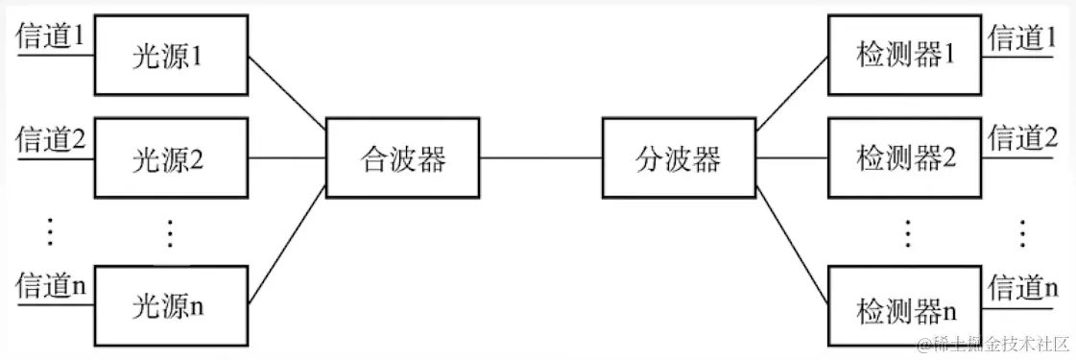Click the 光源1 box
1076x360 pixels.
click(170, 55)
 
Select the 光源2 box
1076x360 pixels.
click(170, 157)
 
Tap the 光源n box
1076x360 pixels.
click(170, 307)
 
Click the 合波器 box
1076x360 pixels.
click(402, 157)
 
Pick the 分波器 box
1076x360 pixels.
click(678, 157)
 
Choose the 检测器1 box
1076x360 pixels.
click(905, 55)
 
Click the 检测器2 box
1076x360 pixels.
click(905, 157)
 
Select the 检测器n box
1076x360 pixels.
click(905, 309)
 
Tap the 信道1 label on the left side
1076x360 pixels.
click(51, 37)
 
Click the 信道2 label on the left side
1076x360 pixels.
click(51, 140)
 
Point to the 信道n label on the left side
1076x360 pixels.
click(51, 285)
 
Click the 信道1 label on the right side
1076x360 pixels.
click(1022, 37)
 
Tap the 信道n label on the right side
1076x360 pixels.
click(1022, 285)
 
